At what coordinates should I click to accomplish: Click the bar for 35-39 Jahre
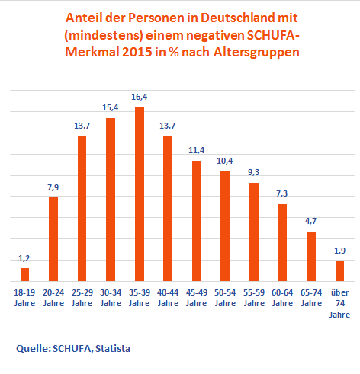point(140,194)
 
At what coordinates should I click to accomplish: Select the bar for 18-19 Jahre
point(25,274)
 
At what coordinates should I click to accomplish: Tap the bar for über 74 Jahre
point(339,271)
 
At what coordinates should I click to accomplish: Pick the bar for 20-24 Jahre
point(53,239)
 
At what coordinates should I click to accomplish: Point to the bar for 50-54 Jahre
point(225,225)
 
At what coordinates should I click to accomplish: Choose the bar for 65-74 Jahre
point(311,256)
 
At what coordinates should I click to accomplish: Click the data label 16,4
point(140,98)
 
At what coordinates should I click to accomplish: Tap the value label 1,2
point(24,259)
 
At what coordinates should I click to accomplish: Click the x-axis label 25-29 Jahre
point(82,298)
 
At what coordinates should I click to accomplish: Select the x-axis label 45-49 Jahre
point(197,298)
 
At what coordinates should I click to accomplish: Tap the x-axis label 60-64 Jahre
point(282,298)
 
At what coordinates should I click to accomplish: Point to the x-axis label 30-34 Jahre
point(111,298)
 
